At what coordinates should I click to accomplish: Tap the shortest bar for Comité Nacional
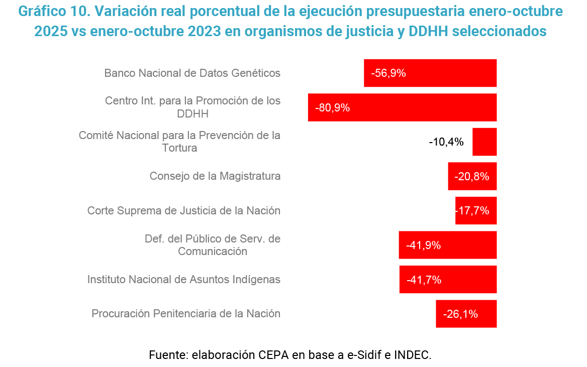pos(484,142)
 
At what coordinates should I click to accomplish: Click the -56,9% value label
pos(388,73)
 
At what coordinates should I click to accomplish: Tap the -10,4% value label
pos(446,142)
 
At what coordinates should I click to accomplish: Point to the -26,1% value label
pos(460,314)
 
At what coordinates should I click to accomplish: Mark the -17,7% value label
pos(473,211)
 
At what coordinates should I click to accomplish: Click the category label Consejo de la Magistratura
pos(215,176)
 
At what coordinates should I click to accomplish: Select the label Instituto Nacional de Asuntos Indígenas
pos(184,279)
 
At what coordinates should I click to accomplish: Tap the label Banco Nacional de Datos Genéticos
pos(192,73)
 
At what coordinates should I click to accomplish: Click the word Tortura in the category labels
pos(179,148)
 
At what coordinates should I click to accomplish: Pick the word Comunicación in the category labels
pos(213,252)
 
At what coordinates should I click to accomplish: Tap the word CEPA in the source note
pos(274,355)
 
